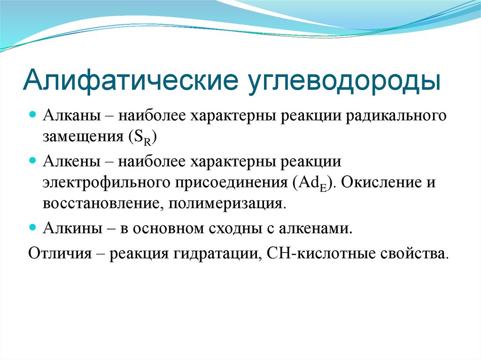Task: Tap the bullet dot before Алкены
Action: coord(33,161)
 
